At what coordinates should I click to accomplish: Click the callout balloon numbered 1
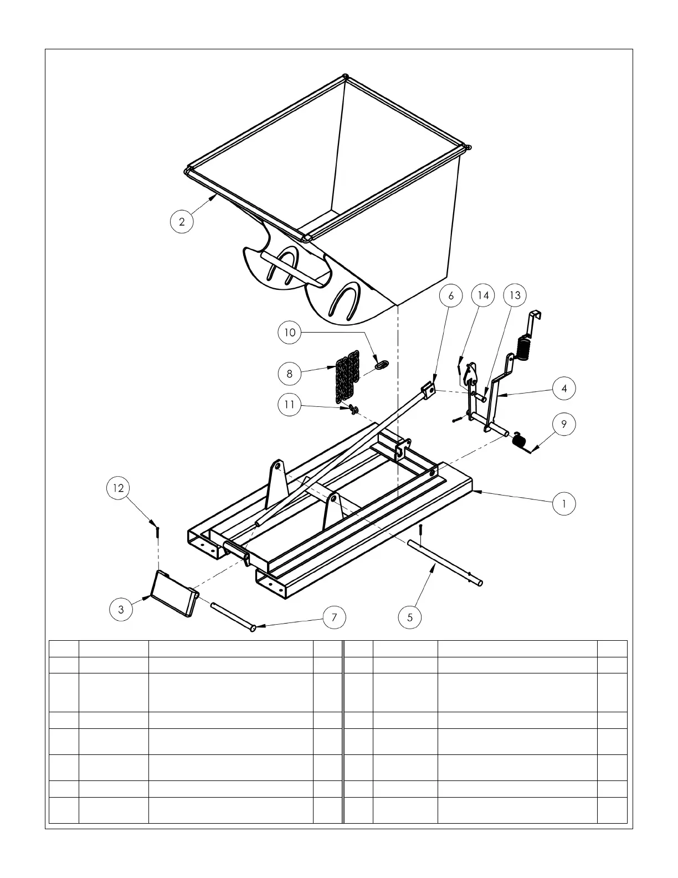564,504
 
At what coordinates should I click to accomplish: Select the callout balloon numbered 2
182,222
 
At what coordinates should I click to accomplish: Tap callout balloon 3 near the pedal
121,610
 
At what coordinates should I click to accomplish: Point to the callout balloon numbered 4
564,389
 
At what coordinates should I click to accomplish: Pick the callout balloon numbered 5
410,617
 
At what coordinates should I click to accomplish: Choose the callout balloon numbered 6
451,296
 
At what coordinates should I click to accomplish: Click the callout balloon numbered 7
334,617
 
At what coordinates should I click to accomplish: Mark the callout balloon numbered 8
289,374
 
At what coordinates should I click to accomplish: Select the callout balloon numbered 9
564,424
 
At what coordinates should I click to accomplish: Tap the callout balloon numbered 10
290,333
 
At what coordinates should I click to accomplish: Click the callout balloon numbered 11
289,405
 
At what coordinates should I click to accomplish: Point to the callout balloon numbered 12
118,488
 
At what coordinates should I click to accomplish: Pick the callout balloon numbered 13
515,295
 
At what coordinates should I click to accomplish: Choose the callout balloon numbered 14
483,295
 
